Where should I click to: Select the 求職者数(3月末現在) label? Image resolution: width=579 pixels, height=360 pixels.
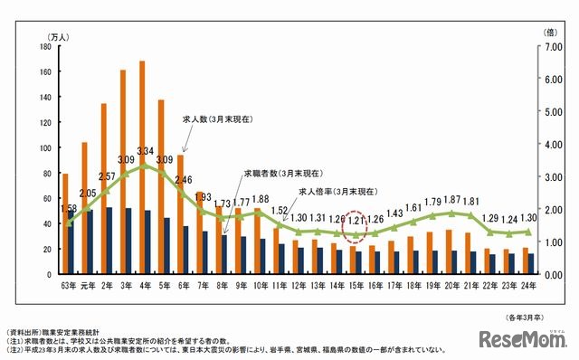(x=278, y=172)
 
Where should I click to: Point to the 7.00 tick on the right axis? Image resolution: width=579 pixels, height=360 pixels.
(x=553, y=47)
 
